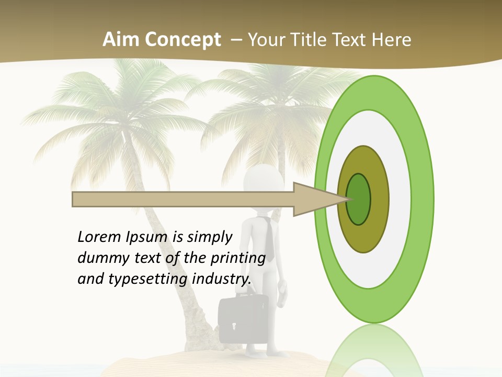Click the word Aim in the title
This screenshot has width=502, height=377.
[121, 40]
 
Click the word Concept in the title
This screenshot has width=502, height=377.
[182, 40]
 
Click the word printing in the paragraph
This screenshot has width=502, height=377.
[238, 258]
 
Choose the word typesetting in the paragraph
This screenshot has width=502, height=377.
[149, 279]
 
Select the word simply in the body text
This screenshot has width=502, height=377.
[209, 237]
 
